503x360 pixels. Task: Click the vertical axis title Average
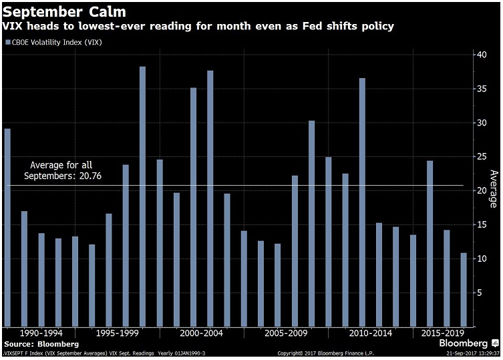coord(493,189)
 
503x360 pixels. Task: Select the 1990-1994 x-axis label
coord(41,332)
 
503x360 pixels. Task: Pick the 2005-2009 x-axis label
coord(286,332)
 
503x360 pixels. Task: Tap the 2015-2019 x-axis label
coord(438,332)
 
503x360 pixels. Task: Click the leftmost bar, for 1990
coord(7,227)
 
